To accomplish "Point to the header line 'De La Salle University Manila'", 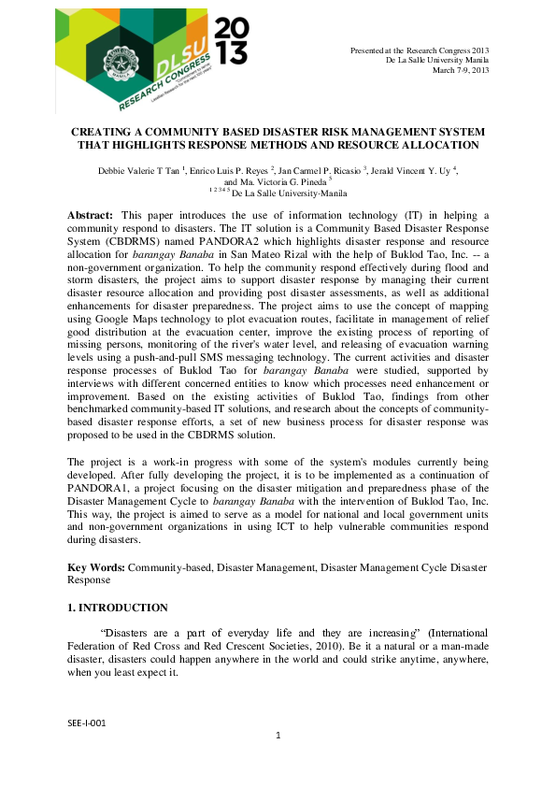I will click(436, 60).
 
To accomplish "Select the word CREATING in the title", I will click(100, 133).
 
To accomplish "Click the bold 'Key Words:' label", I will click(96, 567).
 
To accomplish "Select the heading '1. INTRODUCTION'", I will click(118, 608).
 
